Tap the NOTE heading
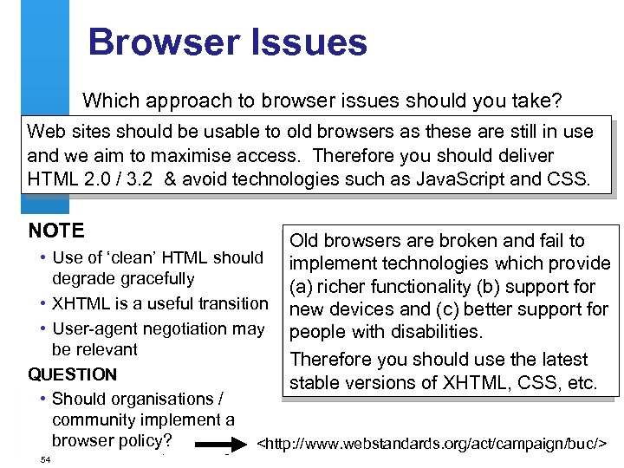[56, 231]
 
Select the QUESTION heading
[73, 374]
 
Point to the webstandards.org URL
[433, 445]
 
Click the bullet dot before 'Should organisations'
[43, 400]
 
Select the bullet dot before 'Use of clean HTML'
[43, 258]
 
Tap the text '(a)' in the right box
[305, 287]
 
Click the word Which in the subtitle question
[109, 101]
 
